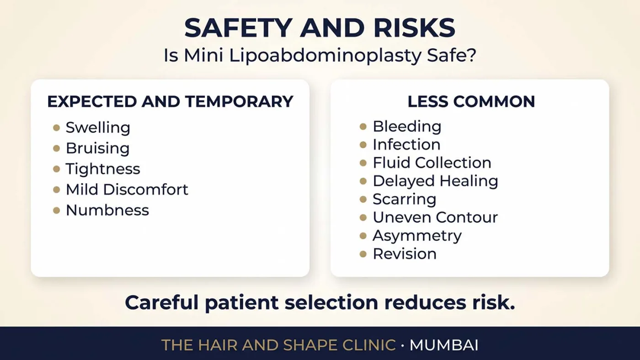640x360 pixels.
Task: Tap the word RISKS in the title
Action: [414, 28]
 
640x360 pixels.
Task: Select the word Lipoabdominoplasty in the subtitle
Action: [325, 56]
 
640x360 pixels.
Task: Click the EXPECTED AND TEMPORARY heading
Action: [170, 101]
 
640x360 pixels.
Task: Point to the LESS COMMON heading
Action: [471, 101]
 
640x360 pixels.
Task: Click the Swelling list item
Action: [98, 127]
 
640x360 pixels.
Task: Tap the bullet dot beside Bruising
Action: [57, 148]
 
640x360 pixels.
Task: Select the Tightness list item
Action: [103, 169]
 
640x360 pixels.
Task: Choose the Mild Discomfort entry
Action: [127, 189]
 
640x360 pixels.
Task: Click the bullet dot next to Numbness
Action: [57, 211]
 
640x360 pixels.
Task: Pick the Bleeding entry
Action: [407, 127]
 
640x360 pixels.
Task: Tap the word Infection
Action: [406, 144]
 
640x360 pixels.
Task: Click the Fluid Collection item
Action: [432, 163]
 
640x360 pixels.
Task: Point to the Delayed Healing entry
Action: [435, 181]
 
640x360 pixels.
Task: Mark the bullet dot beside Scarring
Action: [363, 199]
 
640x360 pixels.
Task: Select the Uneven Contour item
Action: [435, 217]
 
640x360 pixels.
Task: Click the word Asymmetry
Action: [417, 236]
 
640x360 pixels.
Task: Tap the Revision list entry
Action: [405, 254]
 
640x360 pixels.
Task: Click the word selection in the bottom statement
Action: [331, 302]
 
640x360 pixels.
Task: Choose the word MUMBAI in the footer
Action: [444, 345]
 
